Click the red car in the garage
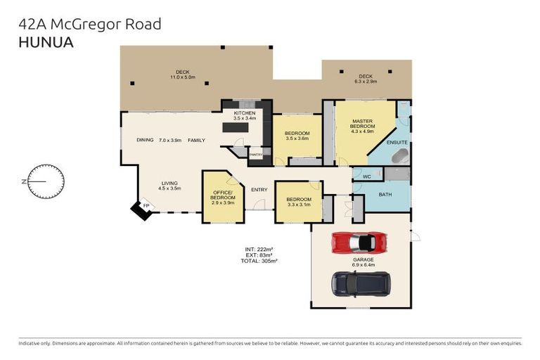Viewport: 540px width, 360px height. point(359,242)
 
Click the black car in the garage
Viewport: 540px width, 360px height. point(361,283)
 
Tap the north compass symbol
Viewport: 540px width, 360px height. point(46,181)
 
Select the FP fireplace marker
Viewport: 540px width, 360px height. point(146,205)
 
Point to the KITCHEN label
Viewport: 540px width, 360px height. point(245,112)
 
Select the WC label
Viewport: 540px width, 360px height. point(366,176)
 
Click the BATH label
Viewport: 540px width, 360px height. point(385,194)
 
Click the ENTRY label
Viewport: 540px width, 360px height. point(259,189)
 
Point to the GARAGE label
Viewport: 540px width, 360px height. point(364,259)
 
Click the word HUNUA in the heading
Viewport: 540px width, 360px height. point(45,41)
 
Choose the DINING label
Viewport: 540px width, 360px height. point(146,140)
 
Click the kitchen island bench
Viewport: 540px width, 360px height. point(236,128)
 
